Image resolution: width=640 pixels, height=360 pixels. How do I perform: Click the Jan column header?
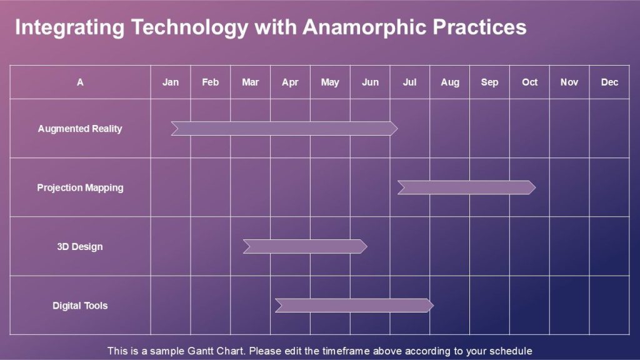click(x=171, y=82)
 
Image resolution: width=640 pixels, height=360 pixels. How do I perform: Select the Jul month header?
click(x=409, y=82)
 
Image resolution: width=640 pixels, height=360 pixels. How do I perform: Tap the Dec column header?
click(x=609, y=82)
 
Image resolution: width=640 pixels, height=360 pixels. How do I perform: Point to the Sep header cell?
click(x=489, y=82)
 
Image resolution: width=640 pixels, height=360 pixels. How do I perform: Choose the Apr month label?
click(x=290, y=82)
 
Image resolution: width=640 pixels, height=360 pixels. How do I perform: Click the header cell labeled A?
click(x=80, y=82)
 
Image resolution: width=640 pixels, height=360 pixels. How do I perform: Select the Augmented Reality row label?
click(x=80, y=129)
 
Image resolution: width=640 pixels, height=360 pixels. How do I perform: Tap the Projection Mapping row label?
click(x=80, y=187)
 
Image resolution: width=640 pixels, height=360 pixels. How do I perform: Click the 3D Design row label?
click(x=80, y=246)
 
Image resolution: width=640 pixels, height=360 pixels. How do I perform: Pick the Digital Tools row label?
click(x=80, y=305)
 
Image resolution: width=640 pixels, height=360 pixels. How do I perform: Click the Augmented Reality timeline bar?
click(x=284, y=128)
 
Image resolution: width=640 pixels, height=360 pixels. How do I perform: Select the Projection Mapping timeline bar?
click(x=466, y=187)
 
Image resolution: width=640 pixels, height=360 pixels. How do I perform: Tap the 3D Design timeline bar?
click(x=305, y=246)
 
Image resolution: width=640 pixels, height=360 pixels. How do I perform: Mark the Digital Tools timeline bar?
click(x=354, y=305)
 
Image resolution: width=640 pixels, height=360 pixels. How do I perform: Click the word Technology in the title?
click(x=190, y=27)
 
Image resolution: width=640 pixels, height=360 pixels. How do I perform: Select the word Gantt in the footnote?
click(x=200, y=351)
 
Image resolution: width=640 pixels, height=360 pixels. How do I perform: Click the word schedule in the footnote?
click(x=511, y=351)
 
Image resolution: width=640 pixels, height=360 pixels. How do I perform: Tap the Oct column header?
click(x=529, y=82)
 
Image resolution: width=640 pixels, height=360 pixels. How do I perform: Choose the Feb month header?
click(x=210, y=82)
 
